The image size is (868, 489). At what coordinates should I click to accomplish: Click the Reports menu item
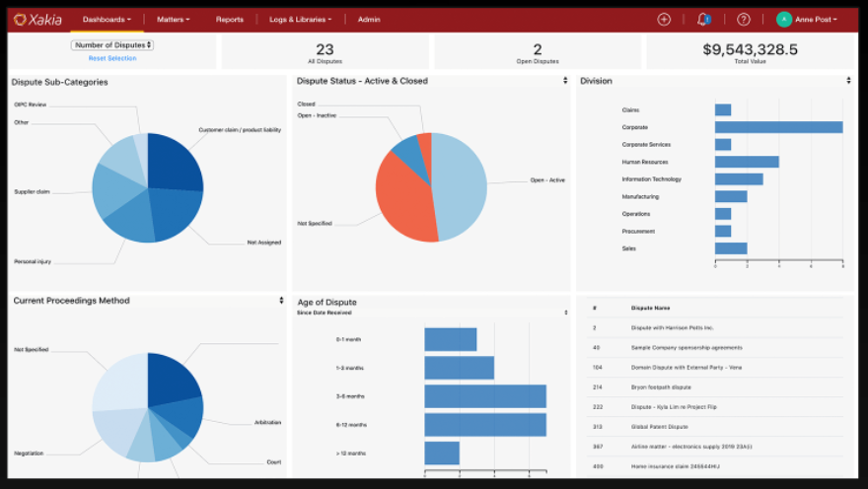pos(230,19)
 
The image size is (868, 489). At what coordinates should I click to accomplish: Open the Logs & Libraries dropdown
pos(301,19)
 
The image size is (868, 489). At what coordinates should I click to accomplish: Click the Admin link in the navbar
pos(369,19)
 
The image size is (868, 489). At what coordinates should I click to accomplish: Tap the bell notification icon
pos(703,19)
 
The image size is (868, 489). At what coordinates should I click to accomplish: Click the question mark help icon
pos(744,19)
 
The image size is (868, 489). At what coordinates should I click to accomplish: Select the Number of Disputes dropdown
pos(112,44)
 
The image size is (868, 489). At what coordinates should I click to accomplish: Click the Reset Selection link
pos(112,58)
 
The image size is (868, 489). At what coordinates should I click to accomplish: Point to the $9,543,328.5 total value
pos(751,49)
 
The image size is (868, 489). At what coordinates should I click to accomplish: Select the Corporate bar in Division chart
pos(778,127)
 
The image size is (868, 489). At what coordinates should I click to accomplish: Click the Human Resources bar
pos(747,162)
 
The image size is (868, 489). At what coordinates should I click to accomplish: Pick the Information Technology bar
pos(739,179)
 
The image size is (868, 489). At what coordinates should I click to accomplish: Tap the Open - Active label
pos(547,180)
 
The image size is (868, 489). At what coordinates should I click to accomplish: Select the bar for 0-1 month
pos(451,339)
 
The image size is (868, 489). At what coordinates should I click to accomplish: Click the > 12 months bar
pos(442,454)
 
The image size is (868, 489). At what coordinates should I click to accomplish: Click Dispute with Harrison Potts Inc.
pos(672,327)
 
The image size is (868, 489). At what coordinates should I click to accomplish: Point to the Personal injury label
pos(32,261)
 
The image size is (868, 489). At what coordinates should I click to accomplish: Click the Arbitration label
pos(267,422)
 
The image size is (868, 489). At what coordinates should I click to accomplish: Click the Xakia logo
pos(37,19)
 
